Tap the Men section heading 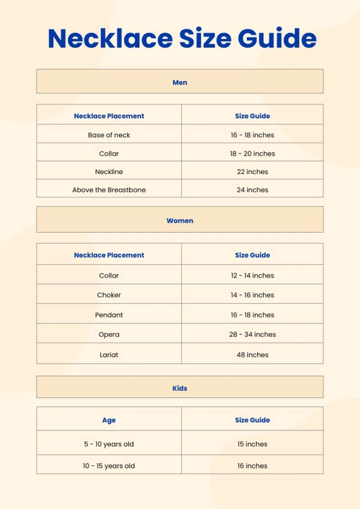180,83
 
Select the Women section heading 180,221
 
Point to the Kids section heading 180,388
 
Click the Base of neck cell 109,135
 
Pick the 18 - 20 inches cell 252,154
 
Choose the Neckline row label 109,172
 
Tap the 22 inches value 252,172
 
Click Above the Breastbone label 109,190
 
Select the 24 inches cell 252,190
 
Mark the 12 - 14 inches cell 252,276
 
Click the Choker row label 109,295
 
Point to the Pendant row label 109,315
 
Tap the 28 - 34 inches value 252,334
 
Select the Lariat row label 109,355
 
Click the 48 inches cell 252,355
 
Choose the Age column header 109,420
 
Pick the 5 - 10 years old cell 109,444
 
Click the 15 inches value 252,444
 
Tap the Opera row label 109,334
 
